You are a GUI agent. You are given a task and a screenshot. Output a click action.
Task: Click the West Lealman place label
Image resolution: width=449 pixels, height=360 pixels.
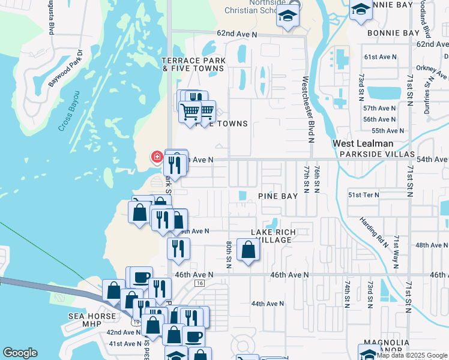[x=364, y=144]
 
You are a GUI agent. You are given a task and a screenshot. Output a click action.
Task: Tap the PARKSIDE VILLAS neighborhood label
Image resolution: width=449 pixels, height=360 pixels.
[x=377, y=154]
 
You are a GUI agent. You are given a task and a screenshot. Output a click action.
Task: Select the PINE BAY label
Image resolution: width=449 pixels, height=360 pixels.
[x=278, y=196]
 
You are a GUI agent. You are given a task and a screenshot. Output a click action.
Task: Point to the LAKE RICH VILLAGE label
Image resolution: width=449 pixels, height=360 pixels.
[x=273, y=236]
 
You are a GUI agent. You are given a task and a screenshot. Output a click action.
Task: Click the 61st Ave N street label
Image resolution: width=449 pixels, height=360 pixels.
[x=381, y=57]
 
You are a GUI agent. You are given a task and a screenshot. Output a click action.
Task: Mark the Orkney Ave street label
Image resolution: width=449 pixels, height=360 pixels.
[x=435, y=71]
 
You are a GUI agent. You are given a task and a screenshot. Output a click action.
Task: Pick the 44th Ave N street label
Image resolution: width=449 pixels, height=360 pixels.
[x=268, y=304]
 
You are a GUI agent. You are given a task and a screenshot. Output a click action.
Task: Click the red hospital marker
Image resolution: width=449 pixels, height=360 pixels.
[x=157, y=157]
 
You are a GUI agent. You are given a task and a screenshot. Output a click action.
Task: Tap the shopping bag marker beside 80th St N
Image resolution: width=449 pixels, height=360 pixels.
[x=248, y=249]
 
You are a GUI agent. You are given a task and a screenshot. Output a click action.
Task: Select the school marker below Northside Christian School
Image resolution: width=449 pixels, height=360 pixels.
[x=288, y=17]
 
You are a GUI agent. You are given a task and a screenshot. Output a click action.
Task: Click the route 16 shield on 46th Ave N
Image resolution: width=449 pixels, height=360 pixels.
[x=200, y=283]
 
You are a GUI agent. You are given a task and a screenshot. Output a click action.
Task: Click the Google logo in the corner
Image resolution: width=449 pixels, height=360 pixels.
[x=20, y=353]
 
